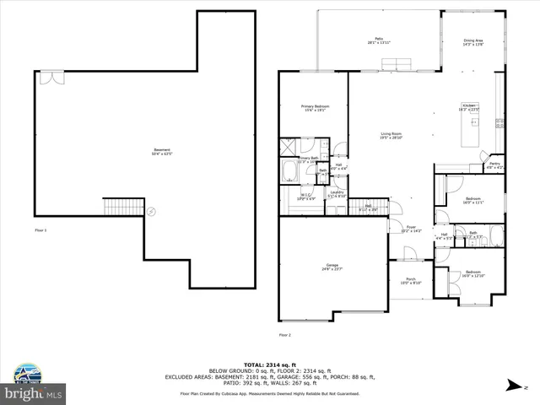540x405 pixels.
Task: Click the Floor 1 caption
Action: pos(41,229)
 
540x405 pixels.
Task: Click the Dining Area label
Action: pos(473,42)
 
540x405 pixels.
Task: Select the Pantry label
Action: pos(496,165)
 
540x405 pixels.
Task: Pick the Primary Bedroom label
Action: pos(314,108)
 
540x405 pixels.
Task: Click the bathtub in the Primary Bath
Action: pos(289,172)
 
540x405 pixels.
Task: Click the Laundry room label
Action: pos(336,193)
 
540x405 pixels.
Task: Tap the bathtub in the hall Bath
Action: pos(496,235)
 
